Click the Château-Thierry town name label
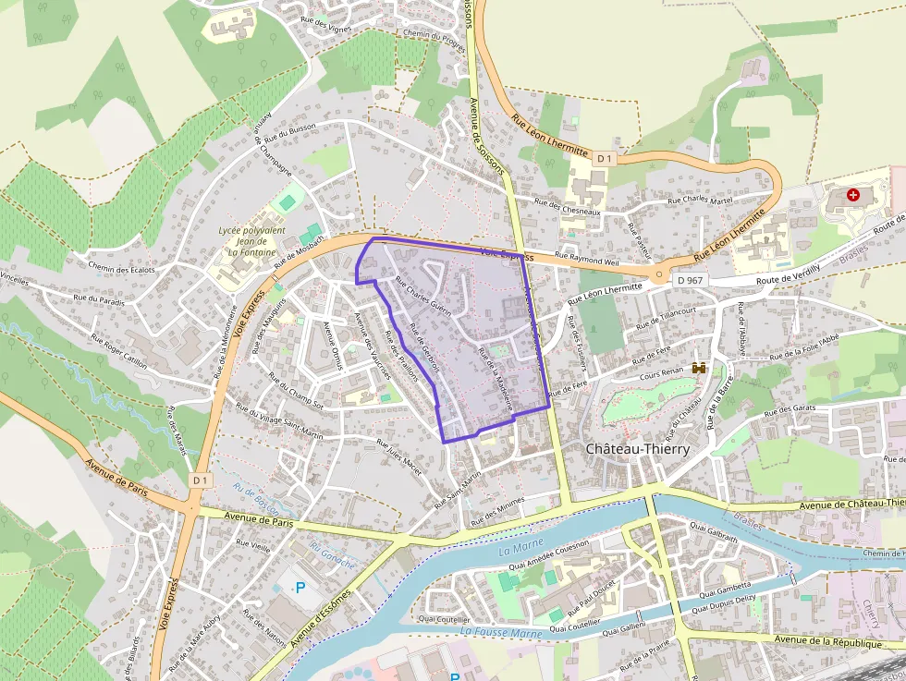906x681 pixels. pos(638,448)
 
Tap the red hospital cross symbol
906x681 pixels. pos(852,196)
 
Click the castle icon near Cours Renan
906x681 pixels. pos(699,368)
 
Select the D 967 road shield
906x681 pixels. pos(688,279)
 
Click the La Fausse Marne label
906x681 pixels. pos(500,633)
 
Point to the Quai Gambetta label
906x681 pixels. pos(726,588)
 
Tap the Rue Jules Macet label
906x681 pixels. pos(398,457)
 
